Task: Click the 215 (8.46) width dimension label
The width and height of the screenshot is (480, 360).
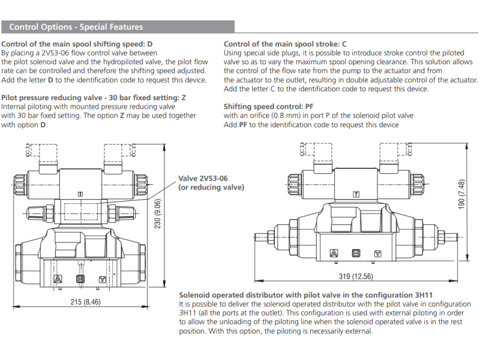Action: (x=83, y=301)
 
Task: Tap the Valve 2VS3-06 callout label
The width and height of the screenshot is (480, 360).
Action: (x=211, y=183)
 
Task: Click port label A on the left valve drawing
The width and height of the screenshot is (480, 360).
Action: (x=58, y=279)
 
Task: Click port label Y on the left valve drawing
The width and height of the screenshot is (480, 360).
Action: (x=103, y=279)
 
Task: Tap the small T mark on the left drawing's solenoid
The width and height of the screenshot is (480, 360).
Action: (x=80, y=194)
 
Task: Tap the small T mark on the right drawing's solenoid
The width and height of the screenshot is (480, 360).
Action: (x=356, y=194)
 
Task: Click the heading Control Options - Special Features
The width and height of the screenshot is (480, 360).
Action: (x=76, y=27)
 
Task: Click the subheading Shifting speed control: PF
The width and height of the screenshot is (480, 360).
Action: (x=264, y=107)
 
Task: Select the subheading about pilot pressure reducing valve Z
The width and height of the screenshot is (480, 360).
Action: (x=94, y=97)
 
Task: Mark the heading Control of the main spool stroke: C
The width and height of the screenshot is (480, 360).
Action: (x=285, y=44)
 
